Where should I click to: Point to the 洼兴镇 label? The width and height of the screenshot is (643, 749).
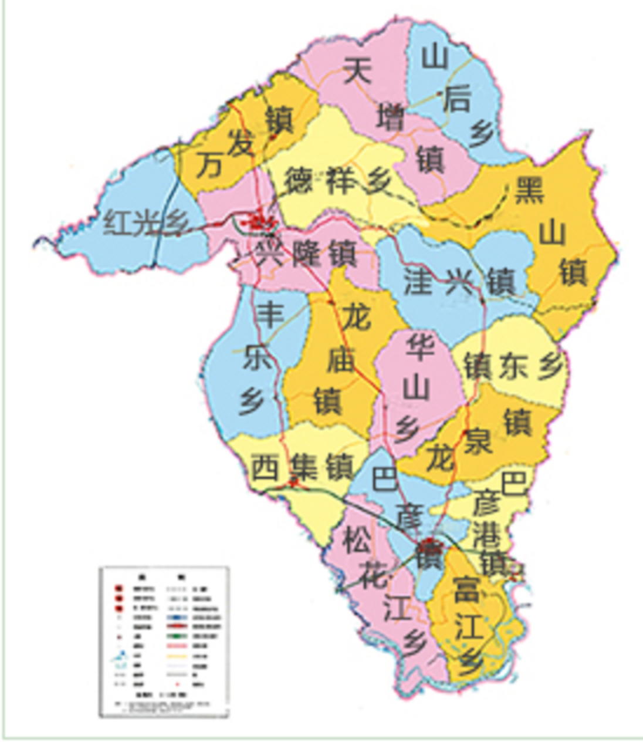coord(459,282)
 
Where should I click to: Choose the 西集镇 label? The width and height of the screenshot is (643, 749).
coord(302,468)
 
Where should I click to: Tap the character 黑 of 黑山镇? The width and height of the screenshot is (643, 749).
coord(529,190)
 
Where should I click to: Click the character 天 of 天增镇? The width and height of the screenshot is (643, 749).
coord(358,72)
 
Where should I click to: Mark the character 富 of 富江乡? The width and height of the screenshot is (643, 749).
coord(466,589)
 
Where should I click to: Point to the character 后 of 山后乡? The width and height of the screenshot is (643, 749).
coord(457,99)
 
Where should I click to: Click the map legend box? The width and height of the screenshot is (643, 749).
coord(163,641)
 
